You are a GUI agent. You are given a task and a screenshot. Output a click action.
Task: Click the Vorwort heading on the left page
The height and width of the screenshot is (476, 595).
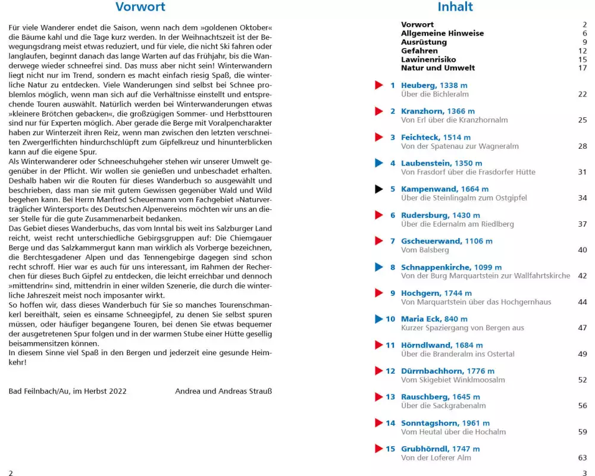tap(140, 8)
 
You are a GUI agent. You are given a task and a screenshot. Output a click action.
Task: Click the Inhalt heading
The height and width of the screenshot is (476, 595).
tap(455, 7)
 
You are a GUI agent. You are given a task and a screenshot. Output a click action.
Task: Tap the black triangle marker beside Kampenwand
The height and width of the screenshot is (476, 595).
tap(379, 189)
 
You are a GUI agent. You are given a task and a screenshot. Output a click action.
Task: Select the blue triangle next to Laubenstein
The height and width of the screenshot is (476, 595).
tap(379, 163)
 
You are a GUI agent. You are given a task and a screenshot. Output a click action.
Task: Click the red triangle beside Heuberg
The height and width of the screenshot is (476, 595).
tap(379, 85)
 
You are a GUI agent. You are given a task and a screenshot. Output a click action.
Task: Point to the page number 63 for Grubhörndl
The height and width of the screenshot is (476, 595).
tap(582, 458)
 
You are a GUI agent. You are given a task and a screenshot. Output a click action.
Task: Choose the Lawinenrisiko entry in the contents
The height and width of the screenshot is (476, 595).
tap(428, 59)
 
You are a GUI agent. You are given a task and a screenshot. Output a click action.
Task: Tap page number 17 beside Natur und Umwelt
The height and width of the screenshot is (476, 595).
tap(583, 68)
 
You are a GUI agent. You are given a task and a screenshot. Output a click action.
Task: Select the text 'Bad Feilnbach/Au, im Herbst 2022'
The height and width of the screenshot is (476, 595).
tap(68, 391)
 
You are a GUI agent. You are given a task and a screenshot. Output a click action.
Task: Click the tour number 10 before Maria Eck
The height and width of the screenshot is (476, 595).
tap(390, 319)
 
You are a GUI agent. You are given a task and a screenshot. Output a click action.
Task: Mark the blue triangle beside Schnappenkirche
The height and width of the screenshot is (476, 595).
tap(379, 267)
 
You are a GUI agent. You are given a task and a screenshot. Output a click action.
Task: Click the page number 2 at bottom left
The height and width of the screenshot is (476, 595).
tap(11, 472)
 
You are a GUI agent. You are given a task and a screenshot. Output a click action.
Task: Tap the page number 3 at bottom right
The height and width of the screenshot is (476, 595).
tap(585, 472)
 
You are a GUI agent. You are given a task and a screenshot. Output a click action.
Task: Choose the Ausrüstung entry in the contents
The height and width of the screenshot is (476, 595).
tap(424, 42)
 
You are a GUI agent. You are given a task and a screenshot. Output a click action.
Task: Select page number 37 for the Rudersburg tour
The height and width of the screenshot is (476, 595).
tap(582, 224)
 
